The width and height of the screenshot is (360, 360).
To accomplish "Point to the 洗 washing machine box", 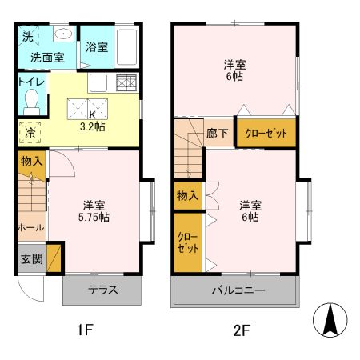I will [26, 36].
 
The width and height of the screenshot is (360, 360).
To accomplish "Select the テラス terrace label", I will [103, 290].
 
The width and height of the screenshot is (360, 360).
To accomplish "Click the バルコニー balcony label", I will [238, 290].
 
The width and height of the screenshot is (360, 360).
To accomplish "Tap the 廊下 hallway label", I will [217, 134].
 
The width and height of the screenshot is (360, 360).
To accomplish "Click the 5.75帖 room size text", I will [94, 217].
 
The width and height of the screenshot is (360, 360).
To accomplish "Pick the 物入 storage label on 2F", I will [187, 195].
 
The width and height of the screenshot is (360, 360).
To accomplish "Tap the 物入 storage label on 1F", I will [31, 162].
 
